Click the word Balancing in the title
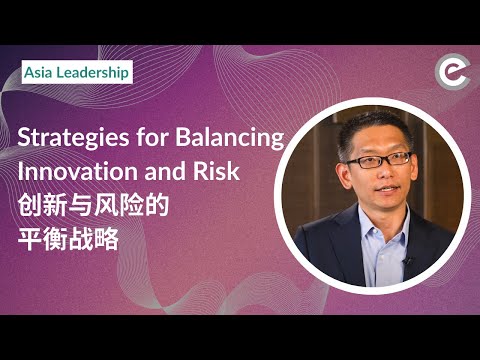pyautogui.click(x=229, y=139)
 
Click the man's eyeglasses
pyautogui.click(x=377, y=161)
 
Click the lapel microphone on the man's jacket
pyautogui.click(x=407, y=262)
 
